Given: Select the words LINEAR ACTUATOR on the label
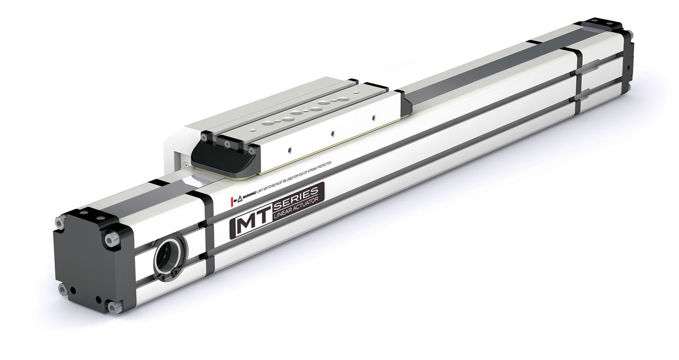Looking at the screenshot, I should coord(298,207).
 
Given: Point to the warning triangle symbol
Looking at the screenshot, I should coord(240,198).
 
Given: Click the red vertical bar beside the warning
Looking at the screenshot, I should coord(231,202).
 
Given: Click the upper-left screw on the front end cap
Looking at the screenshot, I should coord(59,221).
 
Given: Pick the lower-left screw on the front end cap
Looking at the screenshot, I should coord(62,290).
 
